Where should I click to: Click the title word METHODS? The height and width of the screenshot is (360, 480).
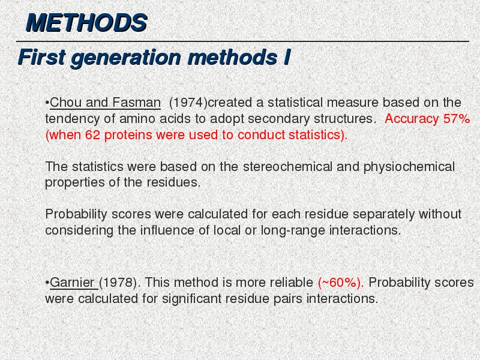[86, 23]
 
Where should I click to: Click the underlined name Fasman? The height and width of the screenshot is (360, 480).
[136, 103]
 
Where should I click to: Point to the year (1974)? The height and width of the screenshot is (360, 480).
[188, 103]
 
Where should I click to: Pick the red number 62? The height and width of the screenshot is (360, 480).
[92, 135]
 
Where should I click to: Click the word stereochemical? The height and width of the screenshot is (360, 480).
[287, 167]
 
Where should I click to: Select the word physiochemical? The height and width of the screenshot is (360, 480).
[409, 167]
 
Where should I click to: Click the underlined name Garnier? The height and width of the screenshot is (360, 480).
[72, 283]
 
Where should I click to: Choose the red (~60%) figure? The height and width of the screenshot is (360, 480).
[341, 283]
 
